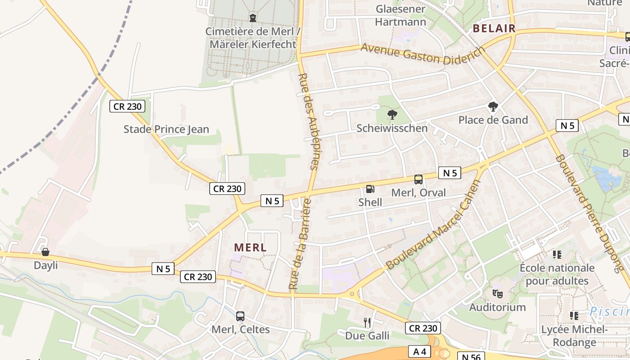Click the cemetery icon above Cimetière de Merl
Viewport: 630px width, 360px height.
click(253, 18)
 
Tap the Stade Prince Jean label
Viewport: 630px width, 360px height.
click(166, 130)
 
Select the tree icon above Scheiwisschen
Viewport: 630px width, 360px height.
click(392, 114)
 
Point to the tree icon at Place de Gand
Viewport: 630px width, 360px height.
click(493, 107)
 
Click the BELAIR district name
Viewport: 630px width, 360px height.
click(494, 28)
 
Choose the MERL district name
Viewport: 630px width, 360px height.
click(251, 247)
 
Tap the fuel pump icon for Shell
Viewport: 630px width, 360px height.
click(370, 189)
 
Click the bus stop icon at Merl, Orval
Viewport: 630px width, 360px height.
click(418, 180)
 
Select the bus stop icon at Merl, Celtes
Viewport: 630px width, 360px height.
click(240, 316)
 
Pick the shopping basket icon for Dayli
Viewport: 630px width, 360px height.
click(45, 252)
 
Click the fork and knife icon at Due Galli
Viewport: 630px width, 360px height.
click(367, 322)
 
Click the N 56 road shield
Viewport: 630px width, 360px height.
click(471, 357)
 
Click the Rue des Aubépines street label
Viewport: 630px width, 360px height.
click(309, 121)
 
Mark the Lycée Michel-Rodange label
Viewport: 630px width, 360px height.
click(575, 336)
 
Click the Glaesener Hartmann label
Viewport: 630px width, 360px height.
click(400, 15)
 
